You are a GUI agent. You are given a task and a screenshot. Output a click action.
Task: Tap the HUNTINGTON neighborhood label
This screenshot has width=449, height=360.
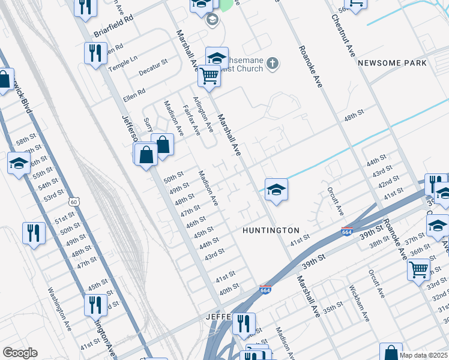(271, 230)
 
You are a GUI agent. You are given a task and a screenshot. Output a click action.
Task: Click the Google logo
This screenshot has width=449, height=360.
(20, 353)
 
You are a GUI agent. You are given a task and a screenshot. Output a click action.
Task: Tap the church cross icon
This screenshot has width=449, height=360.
(272, 62)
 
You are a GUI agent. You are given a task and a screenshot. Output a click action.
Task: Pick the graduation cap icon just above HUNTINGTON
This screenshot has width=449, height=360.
(276, 190)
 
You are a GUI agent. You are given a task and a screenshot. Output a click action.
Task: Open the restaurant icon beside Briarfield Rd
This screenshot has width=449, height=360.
(94, 54)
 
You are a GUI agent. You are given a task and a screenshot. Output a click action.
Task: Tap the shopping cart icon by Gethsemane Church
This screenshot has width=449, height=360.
(209, 76)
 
